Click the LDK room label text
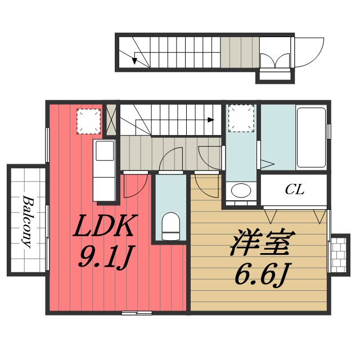tap(105, 226)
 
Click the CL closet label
tap(294, 190)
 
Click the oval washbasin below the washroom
tap(242, 190)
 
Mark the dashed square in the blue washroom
tap(242, 118)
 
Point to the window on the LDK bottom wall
tap(137, 312)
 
